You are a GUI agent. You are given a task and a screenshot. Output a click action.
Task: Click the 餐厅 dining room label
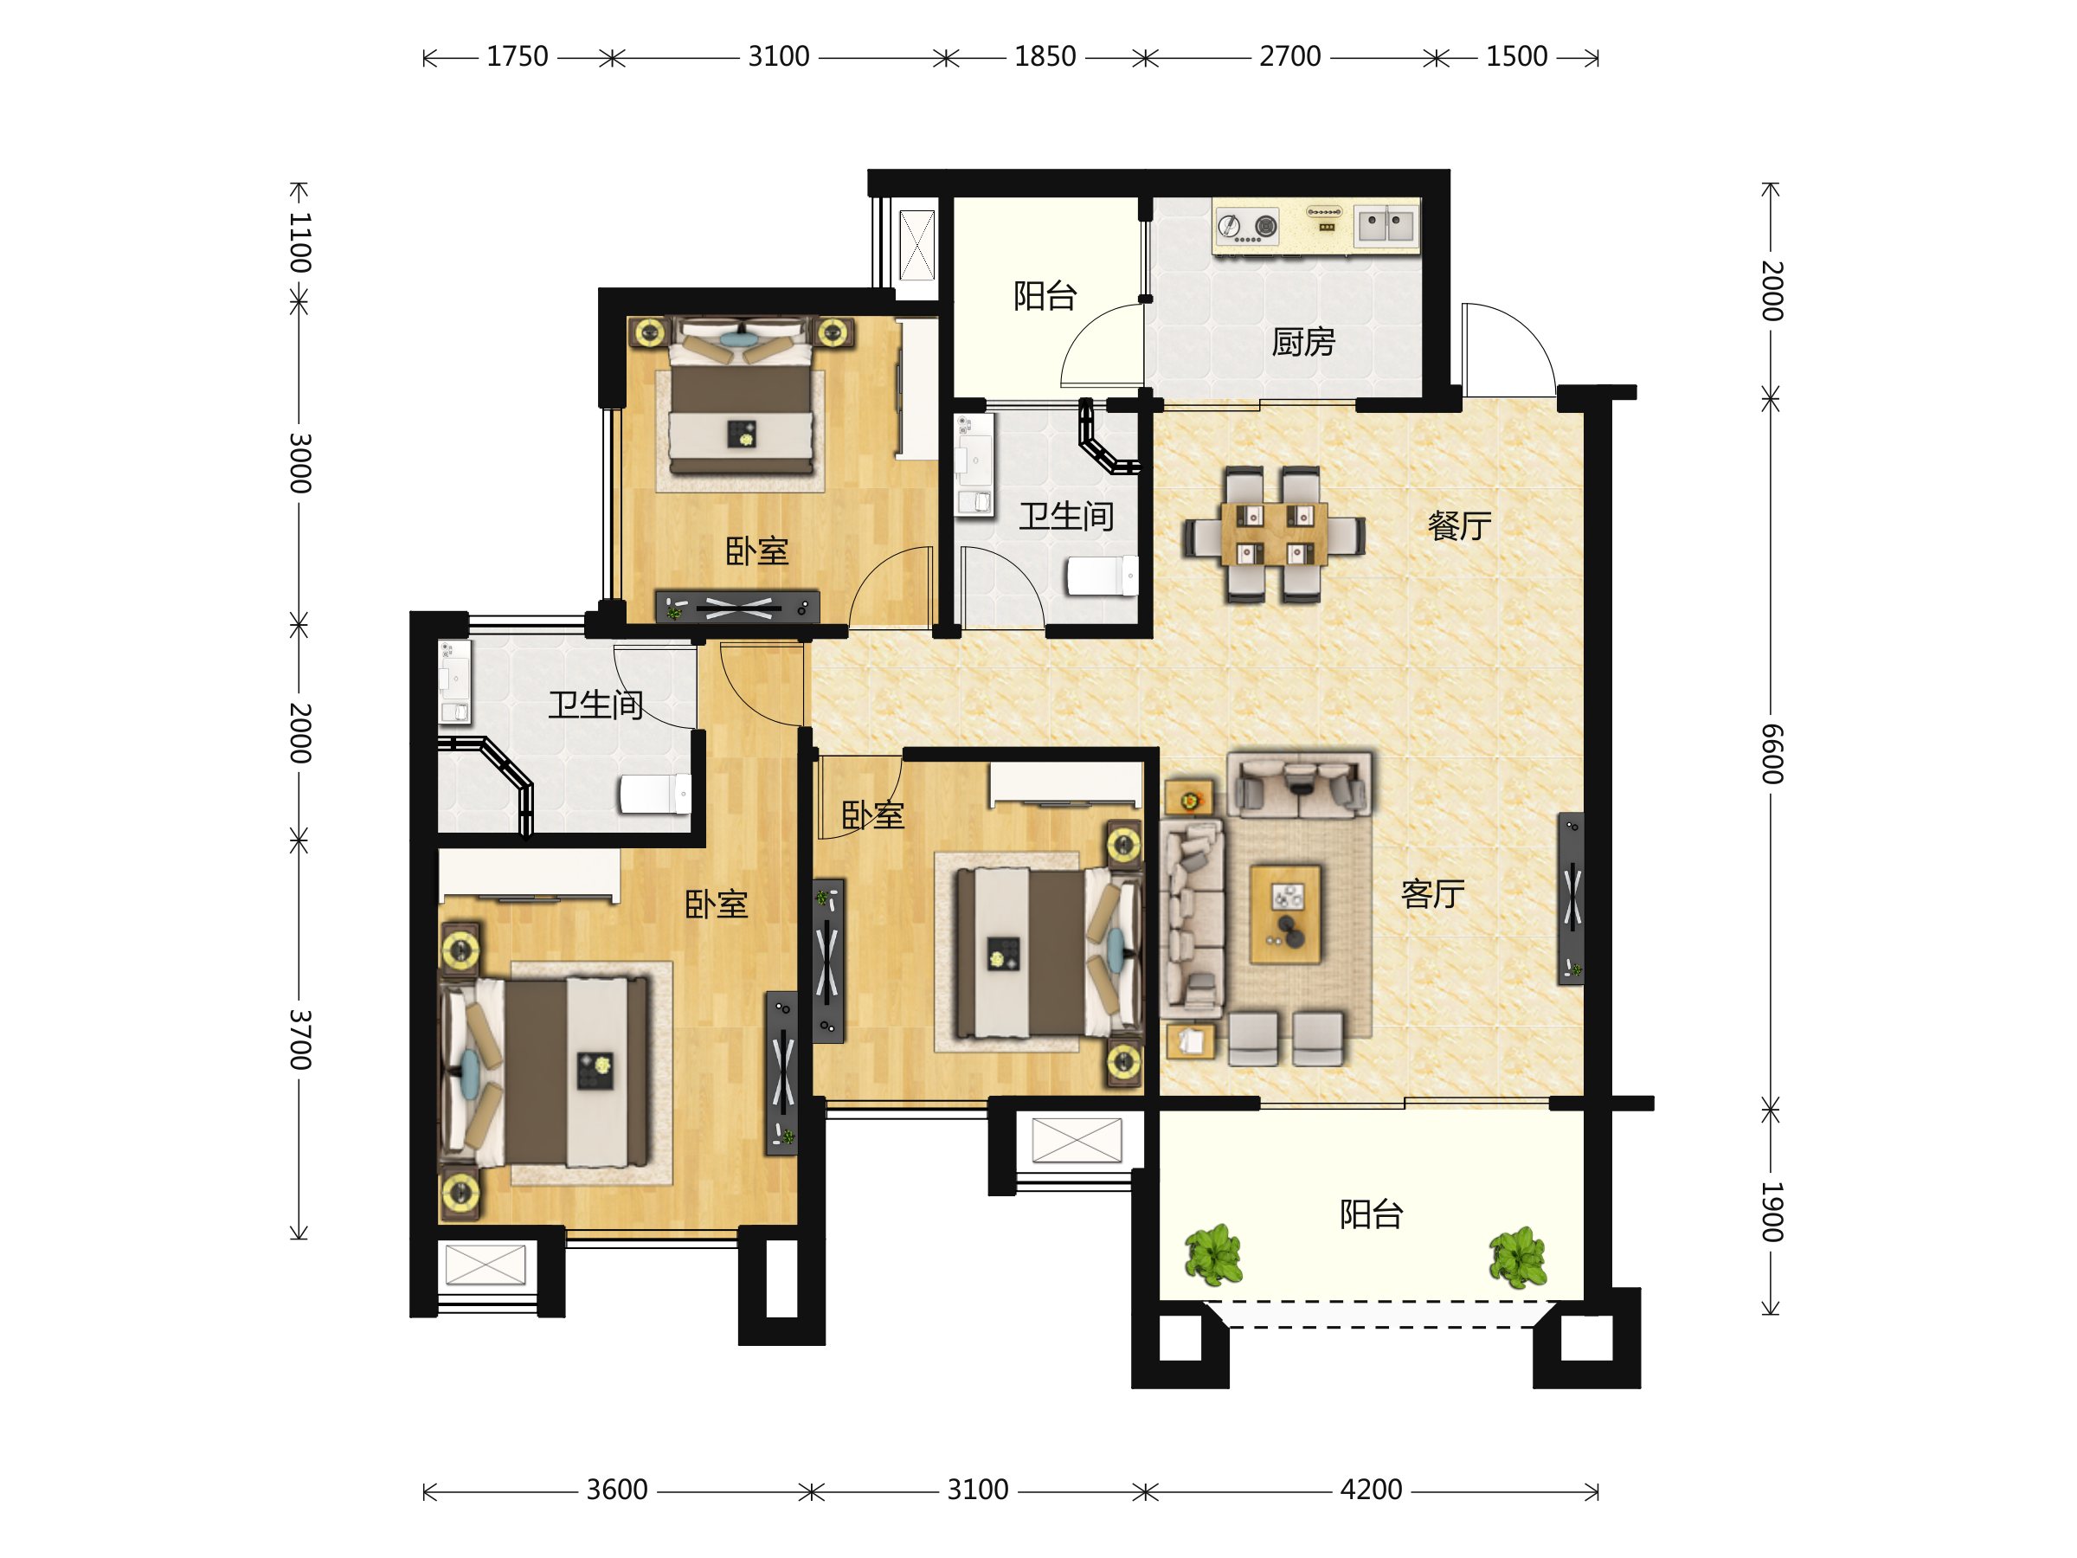click(1459, 526)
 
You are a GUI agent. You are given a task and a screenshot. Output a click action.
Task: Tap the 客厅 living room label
click(1433, 894)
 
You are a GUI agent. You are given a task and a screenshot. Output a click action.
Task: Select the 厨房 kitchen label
click(1303, 343)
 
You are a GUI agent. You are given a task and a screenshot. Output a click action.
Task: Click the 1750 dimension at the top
click(518, 56)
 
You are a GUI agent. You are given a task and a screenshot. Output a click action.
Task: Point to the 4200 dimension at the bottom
click(1371, 1490)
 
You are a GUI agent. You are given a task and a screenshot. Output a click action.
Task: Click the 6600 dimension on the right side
click(1771, 754)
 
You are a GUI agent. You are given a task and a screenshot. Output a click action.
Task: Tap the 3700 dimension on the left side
click(299, 1040)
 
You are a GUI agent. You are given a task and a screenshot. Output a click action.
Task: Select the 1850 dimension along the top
click(1045, 56)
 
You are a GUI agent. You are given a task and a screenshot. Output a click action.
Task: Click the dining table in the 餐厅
click(1274, 534)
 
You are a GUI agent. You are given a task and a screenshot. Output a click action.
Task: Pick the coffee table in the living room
click(1285, 915)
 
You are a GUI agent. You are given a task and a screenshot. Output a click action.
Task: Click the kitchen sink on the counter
click(1386, 225)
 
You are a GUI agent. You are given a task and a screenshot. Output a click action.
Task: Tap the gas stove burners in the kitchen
click(1248, 226)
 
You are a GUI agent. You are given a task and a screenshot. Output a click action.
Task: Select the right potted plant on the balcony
click(1518, 1258)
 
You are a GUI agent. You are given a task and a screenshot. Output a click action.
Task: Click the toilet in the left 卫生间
click(655, 795)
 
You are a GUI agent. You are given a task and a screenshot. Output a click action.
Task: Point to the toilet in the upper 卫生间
click(1103, 576)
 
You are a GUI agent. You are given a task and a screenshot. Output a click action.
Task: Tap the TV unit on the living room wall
click(1571, 898)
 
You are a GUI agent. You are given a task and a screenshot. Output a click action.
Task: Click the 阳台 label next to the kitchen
click(1045, 296)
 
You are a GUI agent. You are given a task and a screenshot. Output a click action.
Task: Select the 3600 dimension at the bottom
click(617, 1490)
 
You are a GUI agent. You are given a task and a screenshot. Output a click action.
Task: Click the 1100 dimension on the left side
click(299, 243)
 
